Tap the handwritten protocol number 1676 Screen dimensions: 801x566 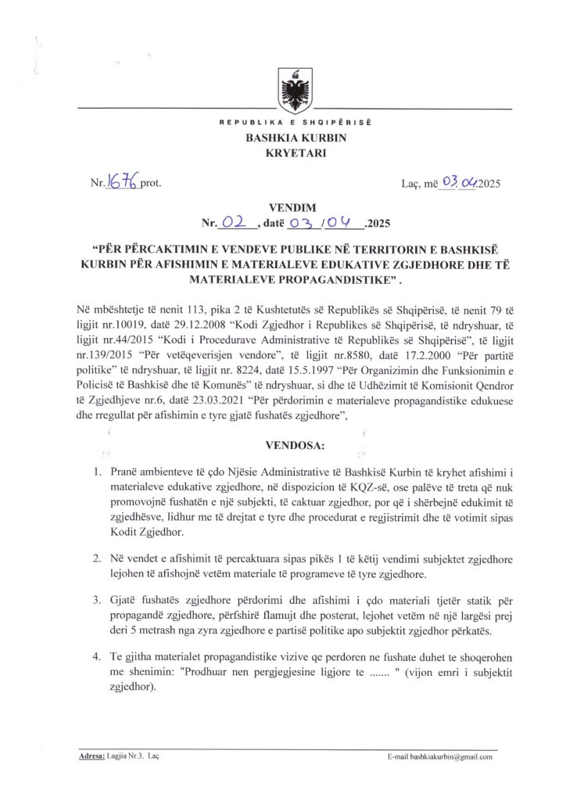tap(123, 183)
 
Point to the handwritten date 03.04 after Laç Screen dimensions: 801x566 tap(460, 184)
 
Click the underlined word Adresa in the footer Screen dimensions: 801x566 tap(93, 757)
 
